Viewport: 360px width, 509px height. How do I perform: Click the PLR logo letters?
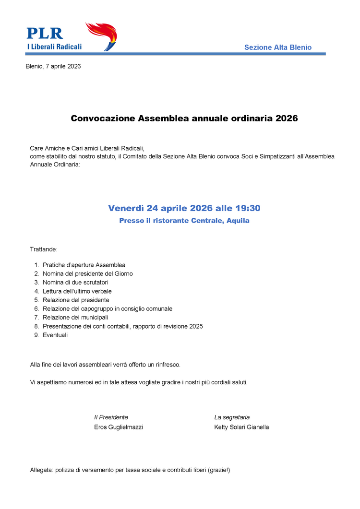pos(45,33)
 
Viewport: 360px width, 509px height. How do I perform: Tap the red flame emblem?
pos(102,35)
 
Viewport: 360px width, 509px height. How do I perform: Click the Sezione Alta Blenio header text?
pos(277,47)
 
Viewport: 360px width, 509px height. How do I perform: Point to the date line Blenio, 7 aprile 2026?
pos(53,66)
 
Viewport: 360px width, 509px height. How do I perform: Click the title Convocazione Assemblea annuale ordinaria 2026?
pos(184,118)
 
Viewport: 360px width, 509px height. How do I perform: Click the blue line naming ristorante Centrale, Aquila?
pos(184,221)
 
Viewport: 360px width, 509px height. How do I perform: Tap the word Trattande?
pos(44,249)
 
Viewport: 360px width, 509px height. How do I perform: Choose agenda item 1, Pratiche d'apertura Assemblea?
pos(84,265)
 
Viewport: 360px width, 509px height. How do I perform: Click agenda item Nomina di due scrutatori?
pos(75,282)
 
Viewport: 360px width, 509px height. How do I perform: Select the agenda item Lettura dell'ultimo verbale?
pos(77,291)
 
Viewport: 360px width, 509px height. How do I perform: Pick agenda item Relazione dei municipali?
pos(75,317)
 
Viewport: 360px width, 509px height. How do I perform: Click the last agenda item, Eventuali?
pos(55,335)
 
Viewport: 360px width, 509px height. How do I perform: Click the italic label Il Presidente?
pos(111,417)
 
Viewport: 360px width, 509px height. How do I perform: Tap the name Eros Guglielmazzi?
pos(118,427)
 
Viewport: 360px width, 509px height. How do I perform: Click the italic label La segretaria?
pos(232,417)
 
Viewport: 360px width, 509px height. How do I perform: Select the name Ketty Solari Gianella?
pos(241,427)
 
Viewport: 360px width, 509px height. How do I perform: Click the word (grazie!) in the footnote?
pos(219,470)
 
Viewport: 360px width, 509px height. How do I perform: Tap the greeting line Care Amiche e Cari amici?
pos(87,149)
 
